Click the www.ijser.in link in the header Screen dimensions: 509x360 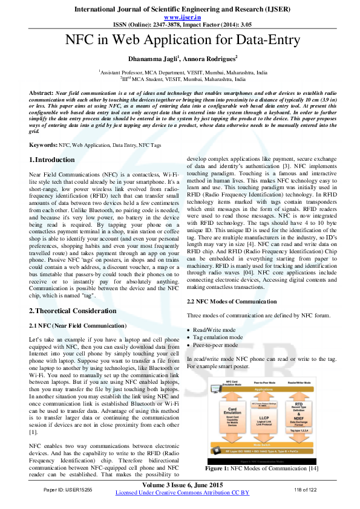pos(180,17)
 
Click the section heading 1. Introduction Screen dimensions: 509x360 pos(53,160)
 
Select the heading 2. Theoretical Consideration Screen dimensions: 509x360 pos(73,311)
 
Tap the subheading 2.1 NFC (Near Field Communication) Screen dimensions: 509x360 pos(77,325)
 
